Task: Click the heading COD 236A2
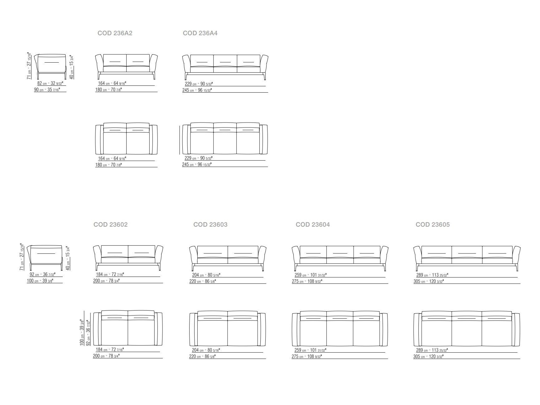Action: pyautogui.click(x=115, y=33)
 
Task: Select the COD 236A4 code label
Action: pyautogui.click(x=200, y=33)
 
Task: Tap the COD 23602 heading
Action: pyautogui.click(x=110, y=224)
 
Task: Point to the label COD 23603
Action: pyautogui.click(x=210, y=224)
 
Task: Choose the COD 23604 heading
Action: pyautogui.click(x=313, y=224)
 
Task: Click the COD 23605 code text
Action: pyautogui.click(x=433, y=224)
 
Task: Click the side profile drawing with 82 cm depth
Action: pyautogui.click(x=50, y=66)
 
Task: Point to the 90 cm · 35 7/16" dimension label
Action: pyautogui.click(x=47, y=90)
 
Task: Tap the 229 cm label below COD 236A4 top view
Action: pyautogui.click(x=199, y=158)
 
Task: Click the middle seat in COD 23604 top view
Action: pyautogui.click(x=340, y=333)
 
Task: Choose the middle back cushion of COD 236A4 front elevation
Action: pyautogui.click(x=225, y=61)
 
